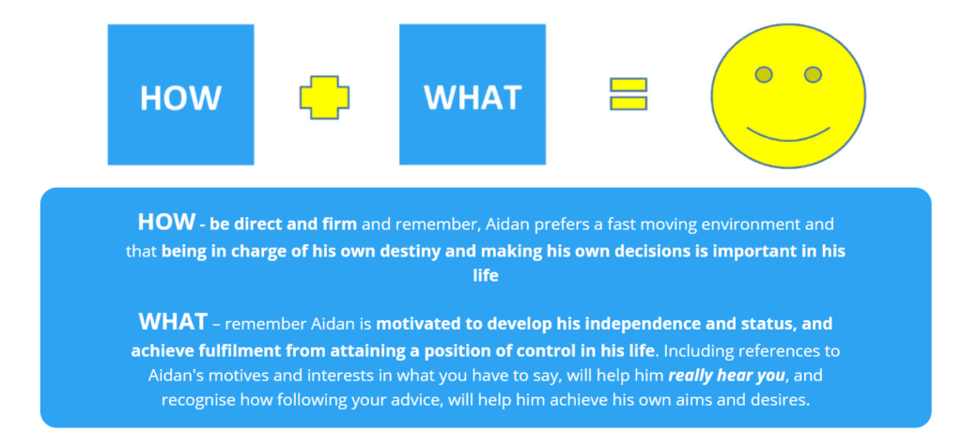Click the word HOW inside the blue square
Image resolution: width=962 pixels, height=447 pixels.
click(x=180, y=98)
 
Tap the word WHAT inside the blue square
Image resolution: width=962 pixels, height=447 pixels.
click(x=472, y=98)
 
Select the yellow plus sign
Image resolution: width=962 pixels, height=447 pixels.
click(x=324, y=98)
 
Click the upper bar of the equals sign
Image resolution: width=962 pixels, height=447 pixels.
click(x=628, y=85)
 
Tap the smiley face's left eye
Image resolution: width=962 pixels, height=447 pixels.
click(x=765, y=74)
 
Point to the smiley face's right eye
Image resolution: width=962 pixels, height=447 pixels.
click(x=814, y=74)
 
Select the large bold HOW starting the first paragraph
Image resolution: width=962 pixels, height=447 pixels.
click(x=165, y=223)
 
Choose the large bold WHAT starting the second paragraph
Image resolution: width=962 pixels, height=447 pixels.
click(x=173, y=322)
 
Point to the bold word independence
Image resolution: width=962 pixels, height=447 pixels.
click(x=657, y=325)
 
